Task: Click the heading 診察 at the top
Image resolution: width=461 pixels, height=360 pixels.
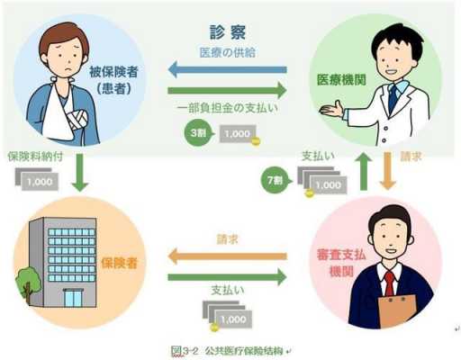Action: click(x=228, y=32)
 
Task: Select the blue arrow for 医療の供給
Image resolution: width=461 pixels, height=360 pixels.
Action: click(x=228, y=69)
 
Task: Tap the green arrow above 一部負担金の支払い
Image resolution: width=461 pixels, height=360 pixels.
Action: click(x=227, y=90)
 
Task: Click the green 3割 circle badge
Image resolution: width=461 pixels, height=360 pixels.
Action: click(x=198, y=132)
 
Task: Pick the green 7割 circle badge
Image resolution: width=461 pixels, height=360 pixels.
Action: click(x=275, y=180)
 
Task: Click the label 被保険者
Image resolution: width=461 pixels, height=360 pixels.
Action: click(x=113, y=72)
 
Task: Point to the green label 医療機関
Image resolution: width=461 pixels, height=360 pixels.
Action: click(x=341, y=80)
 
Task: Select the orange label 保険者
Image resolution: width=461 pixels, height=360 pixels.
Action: click(x=119, y=263)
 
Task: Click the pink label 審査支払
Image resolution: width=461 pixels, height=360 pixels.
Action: click(x=341, y=255)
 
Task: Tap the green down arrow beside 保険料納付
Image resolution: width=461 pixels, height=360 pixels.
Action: click(x=80, y=173)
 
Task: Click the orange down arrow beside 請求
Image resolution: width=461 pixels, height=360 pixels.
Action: click(x=387, y=171)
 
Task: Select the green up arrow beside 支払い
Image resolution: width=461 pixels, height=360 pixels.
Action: click(x=363, y=171)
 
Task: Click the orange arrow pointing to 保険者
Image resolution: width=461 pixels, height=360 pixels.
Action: click(x=227, y=256)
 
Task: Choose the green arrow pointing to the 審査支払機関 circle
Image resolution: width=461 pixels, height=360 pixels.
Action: click(x=227, y=277)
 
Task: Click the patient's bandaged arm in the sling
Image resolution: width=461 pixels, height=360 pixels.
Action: click(x=77, y=119)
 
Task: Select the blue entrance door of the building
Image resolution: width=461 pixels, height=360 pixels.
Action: click(x=74, y=298)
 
